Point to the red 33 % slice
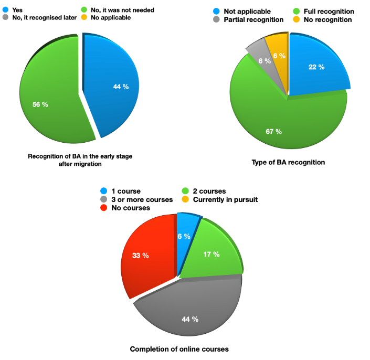tap(147, 257)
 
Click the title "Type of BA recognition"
tap(289, 162)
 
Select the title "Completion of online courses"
tap(179, 349)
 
